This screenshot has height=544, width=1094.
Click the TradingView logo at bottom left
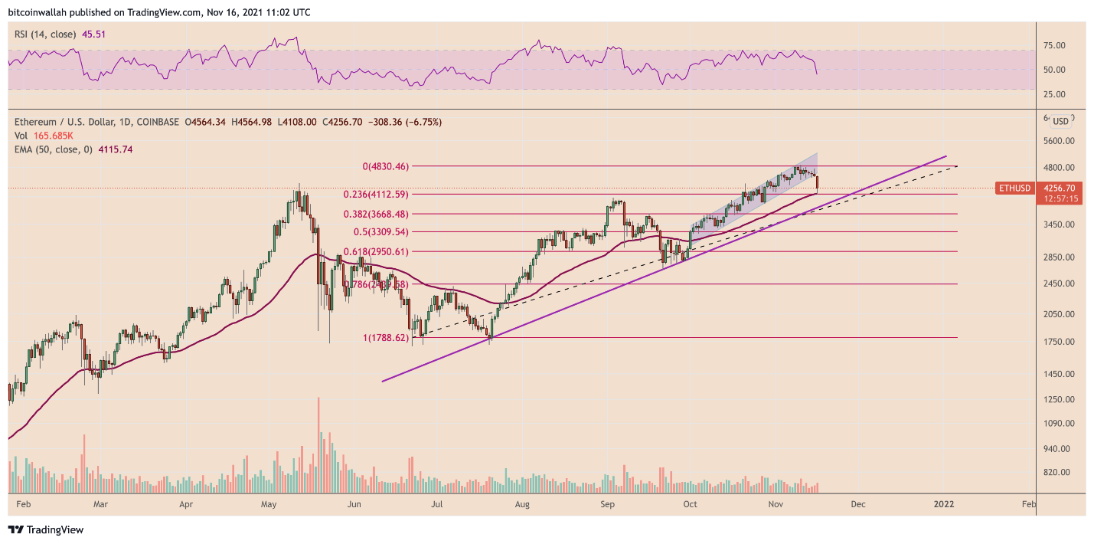[x=45, y=529]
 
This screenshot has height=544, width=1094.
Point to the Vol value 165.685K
[x=51, y=136]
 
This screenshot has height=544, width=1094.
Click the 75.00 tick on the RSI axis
[x=1055, y=46]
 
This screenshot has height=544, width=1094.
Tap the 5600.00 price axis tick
[x=1060, y=141]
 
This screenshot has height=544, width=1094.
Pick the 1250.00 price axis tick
[x=1060, y=400]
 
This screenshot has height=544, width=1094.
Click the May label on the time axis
[x=269, y=504]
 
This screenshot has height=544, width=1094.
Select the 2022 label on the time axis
[x=943, y=504]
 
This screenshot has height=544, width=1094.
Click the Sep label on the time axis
[x=608, y=504]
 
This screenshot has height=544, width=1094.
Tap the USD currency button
[x=1060, y=121]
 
